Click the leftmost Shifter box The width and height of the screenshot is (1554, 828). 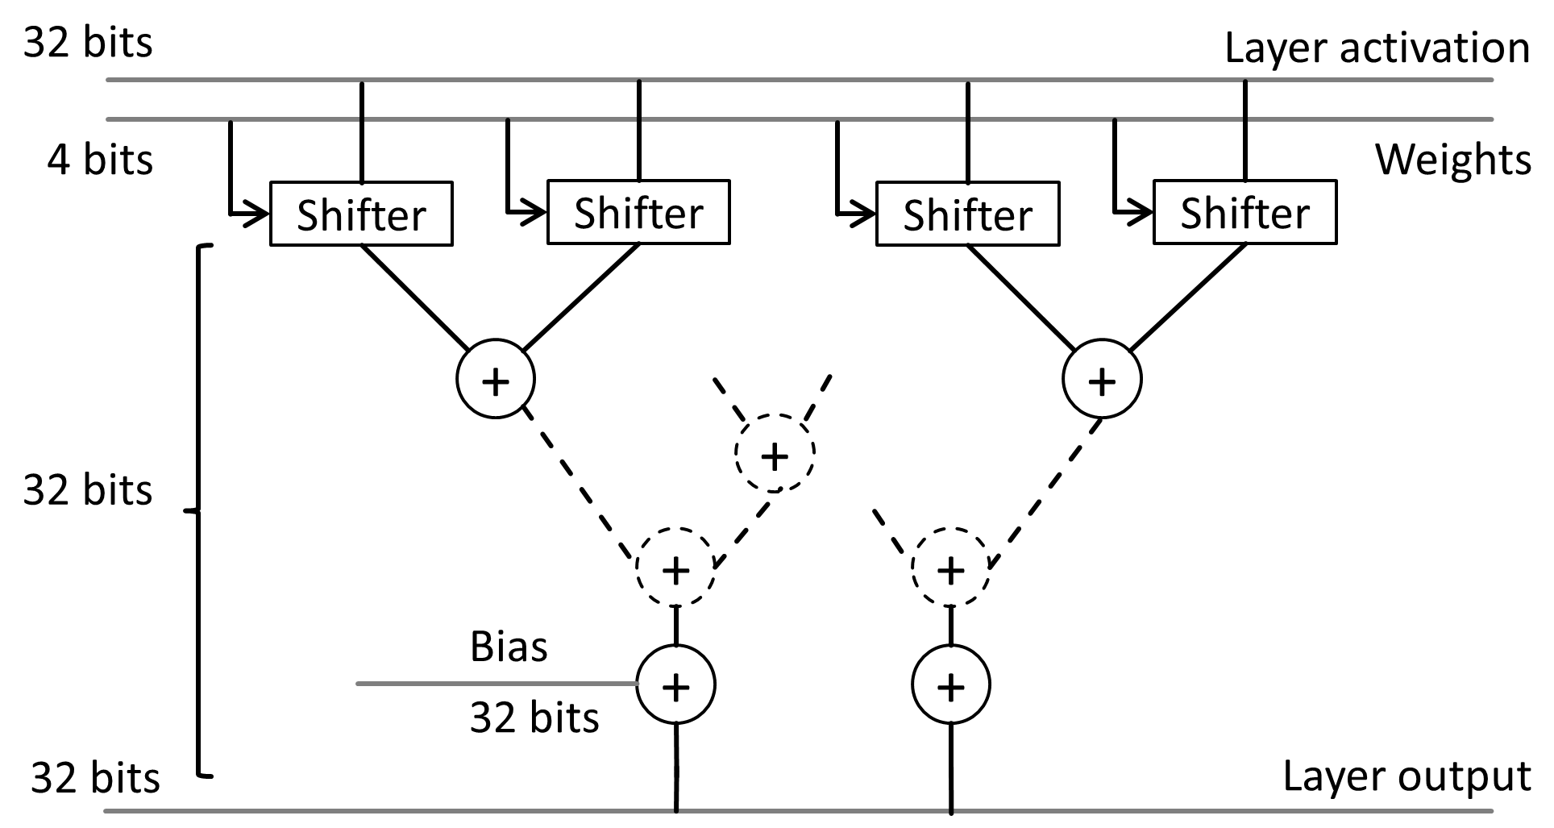coord(361,214)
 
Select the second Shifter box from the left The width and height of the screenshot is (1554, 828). coord(638,212)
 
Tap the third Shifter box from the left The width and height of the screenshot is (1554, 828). coord(967,214)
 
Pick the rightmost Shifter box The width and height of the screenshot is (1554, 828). coord(1245,212)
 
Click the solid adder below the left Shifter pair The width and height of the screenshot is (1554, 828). coord(496,380)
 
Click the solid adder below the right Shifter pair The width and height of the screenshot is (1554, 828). coord(1102,380)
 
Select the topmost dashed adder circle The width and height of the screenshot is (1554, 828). coord(775,455)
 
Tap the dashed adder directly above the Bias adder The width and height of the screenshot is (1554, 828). coord(675,568)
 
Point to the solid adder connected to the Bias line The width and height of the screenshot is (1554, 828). coord(675,685)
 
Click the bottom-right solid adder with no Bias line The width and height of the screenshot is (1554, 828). coord(951,685)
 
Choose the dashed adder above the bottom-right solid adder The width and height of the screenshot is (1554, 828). coord(951,568)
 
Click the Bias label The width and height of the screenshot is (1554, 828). coord(509,647)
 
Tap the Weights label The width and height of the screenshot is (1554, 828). coord(1452,159)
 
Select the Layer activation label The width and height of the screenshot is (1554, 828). coord(1377,48)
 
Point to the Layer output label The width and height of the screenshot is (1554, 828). coord(1406,777)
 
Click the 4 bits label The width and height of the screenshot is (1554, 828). coord(99,159)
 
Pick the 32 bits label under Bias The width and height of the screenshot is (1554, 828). coord(534,717)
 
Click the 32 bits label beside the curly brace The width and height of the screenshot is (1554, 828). coord(87,489)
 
